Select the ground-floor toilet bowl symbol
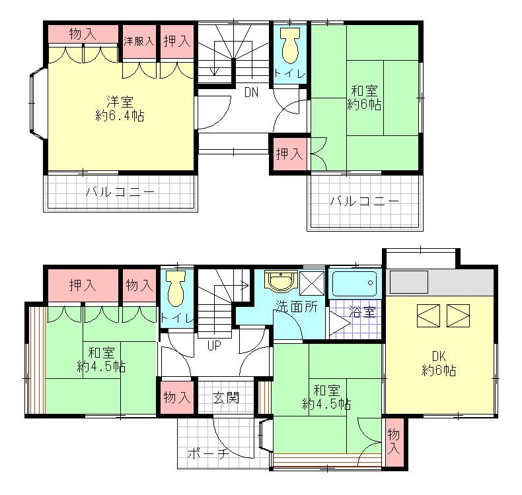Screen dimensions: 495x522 (175, 290)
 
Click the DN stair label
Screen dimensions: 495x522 (251, 93)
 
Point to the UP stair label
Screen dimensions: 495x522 (214, 345)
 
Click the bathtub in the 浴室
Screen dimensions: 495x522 (355, 284)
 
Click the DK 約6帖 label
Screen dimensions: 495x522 (439, 364)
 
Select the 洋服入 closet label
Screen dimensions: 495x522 (139, 40)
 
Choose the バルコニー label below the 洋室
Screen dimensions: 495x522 (120, 193)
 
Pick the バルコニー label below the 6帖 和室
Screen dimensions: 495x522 (365, 201)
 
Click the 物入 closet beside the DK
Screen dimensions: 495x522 (394, 442)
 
